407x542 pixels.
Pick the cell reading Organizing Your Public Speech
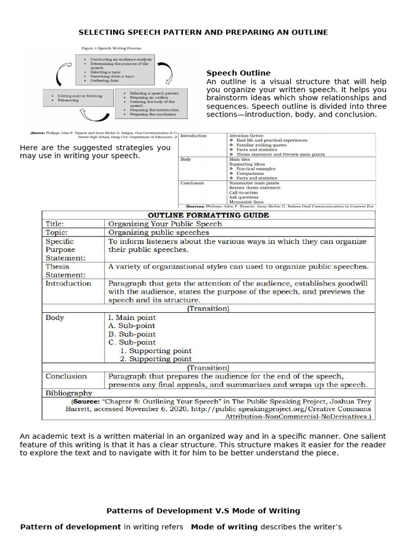pos(165,224)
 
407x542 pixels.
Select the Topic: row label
pos(56,232)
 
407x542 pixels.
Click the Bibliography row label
pos(69,393)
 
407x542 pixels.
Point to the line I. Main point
pos(132,318)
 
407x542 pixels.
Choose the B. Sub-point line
pos(132,335)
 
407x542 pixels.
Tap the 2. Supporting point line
pos(156,359)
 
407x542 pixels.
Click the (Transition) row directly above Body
pos(208,309)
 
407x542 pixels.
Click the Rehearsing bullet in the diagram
pos(68,100)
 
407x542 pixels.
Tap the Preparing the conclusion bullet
pos(154,114)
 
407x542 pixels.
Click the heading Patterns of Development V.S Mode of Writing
pos(203,511)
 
